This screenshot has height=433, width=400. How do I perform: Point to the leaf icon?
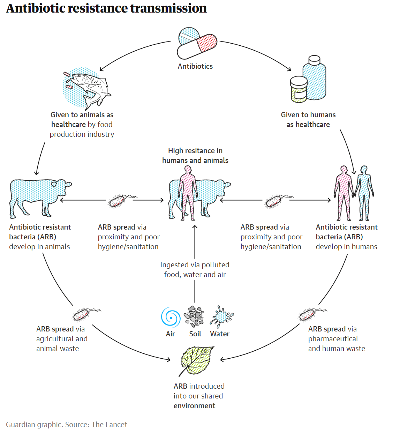tap(197, 360)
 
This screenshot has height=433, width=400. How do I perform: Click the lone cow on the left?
tap(38, 196)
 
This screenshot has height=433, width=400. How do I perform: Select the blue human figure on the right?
tap(364, 193)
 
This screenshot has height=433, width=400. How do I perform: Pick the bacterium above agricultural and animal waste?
tap(81, 314)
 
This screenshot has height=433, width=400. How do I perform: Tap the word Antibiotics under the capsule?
tap(195, 66)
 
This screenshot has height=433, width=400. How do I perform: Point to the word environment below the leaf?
tap(194, 406)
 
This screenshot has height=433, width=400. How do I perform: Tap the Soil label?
tap(195, 334)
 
